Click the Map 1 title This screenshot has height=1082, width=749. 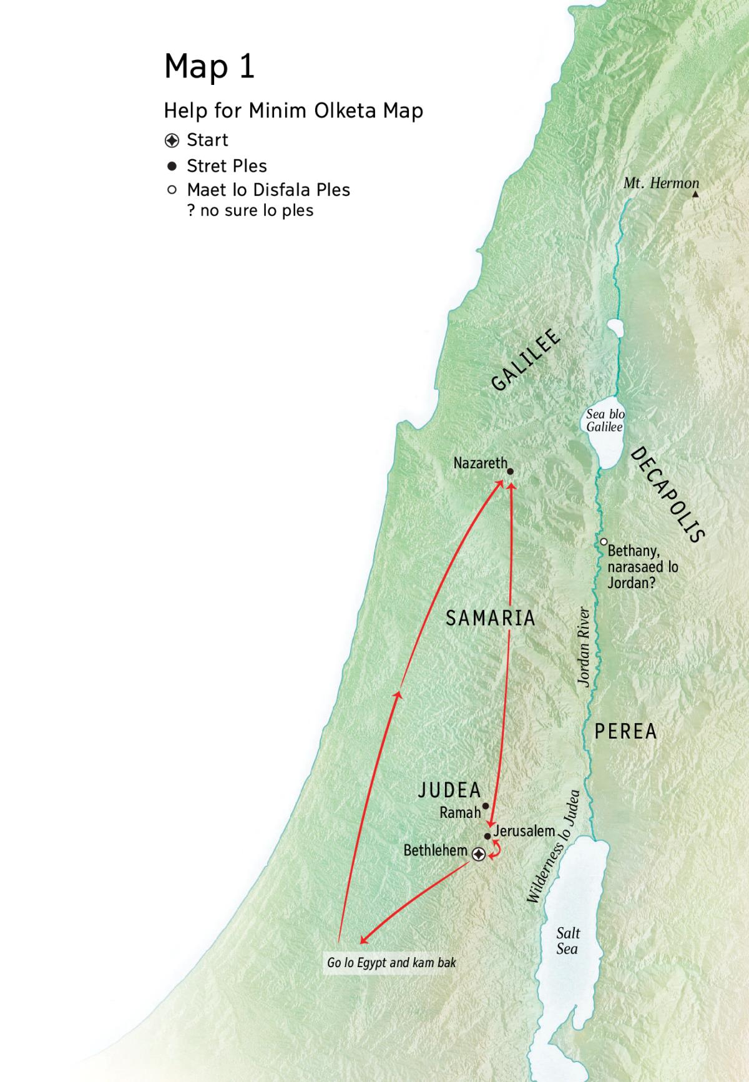209,66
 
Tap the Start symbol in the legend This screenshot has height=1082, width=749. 172,140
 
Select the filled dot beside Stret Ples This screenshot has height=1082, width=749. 172,166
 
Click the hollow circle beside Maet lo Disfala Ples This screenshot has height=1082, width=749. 172,190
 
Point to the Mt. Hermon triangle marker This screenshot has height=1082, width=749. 695,195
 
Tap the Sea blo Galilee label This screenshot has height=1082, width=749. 605,420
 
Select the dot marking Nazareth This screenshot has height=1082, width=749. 510,472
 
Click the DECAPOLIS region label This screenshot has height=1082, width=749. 667,494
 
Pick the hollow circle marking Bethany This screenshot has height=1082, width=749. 604,542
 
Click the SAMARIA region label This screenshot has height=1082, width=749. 491,618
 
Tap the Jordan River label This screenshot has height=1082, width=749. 584,647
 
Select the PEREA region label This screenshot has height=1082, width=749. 625,731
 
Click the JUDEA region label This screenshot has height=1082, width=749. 449,790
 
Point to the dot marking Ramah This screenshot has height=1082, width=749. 486,806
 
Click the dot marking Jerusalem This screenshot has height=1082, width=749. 487,836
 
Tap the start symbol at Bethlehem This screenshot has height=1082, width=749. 479,854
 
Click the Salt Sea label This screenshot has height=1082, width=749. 567,941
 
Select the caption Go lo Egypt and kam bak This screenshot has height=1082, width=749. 391,963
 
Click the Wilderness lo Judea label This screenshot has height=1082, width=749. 554,847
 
